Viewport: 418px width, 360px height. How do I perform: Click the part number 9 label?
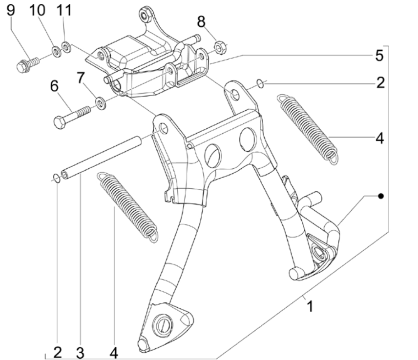click(11, 10)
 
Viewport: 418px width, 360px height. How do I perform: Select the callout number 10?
click(38, 10)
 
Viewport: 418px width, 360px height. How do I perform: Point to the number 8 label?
click(201, 21)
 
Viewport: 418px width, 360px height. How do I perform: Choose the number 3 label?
click(80, 352)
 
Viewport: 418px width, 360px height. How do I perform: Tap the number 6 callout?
click(54, 86)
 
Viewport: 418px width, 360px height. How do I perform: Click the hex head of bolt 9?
click(21, 66)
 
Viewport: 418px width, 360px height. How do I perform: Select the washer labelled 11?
click(67, 48)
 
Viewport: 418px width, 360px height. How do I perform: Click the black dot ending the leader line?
click(381, 196)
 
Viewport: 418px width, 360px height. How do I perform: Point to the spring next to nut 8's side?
click(307, 126)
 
